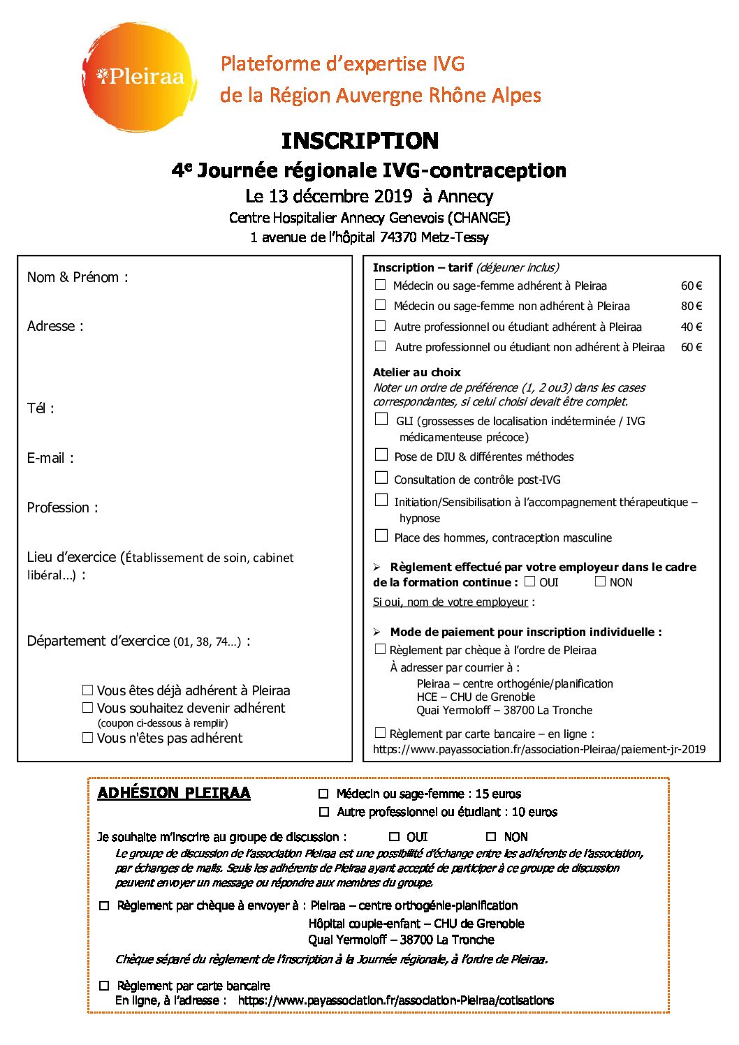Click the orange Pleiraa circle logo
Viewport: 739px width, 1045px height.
point(139,77)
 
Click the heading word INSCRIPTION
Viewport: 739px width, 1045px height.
point(360,141)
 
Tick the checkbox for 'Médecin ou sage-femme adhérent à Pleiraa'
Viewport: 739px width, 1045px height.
point(381,285)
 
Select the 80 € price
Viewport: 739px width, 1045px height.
point(691,306)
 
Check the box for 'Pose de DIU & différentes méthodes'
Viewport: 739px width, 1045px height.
point(381,455)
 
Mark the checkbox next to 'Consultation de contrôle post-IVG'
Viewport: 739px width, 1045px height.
point(381,478)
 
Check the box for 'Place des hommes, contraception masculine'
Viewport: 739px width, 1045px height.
point(381,536)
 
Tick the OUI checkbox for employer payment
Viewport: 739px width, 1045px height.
point(530,581)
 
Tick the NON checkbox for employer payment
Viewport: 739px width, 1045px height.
point(600,581)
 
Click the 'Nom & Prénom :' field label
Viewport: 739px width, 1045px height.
point(78,278)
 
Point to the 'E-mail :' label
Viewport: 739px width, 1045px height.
point(50,459)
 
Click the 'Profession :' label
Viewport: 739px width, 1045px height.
point(63,508)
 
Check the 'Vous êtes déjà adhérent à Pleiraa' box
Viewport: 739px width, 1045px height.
point(88,690)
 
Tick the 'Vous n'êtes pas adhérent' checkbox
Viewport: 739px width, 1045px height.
point(88,738)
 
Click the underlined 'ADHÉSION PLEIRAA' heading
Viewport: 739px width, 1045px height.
point(174,793)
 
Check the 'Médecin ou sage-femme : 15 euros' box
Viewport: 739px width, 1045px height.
point(323,794)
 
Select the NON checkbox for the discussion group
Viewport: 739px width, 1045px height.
point(491,837)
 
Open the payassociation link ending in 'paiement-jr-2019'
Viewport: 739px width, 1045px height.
point(539,750)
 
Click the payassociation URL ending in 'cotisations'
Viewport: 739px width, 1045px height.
point(395,1001)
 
